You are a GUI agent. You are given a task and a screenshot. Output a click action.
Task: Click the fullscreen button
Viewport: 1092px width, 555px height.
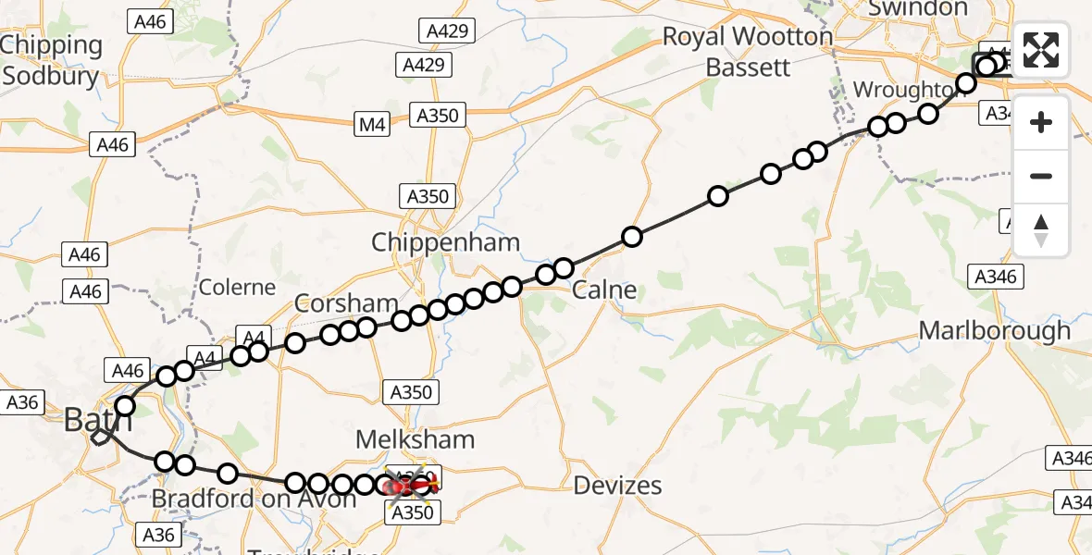pyautogui.click(x=1041, y=50)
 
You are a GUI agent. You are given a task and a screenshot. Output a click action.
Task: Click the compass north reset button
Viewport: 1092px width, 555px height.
pyautogui.click(x=1041, y=229)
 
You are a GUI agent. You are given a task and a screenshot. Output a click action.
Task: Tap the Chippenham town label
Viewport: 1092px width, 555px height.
pyautogui.click(x=445, y=243)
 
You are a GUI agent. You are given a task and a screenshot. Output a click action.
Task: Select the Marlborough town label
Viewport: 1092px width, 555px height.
pyautogui.click(x=995, y=330)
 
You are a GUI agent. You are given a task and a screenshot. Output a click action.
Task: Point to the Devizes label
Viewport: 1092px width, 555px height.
pyautogui.click(x=617, y=485)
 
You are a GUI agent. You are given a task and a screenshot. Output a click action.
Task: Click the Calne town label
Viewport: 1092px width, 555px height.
pyautogui.click(x=604, y=290)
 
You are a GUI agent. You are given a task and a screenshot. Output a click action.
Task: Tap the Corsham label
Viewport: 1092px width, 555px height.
pyautogui.click(x=346, y=303)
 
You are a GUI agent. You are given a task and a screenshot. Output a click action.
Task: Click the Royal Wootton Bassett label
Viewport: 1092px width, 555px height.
pyautogui.click(x=748, y=51)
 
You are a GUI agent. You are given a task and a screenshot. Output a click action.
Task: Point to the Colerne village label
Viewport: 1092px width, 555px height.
pyautogui.click(x=238, y=287)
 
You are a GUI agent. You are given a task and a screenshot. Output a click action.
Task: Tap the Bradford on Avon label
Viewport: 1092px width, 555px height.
pyautogui.click(x=253, y=499)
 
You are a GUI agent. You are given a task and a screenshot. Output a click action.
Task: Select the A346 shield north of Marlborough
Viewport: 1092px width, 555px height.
pyautogui.click(x=996, y=276)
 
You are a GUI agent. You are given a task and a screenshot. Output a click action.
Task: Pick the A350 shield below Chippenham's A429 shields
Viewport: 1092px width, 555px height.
pyautogui.click(x=438, y=116)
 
